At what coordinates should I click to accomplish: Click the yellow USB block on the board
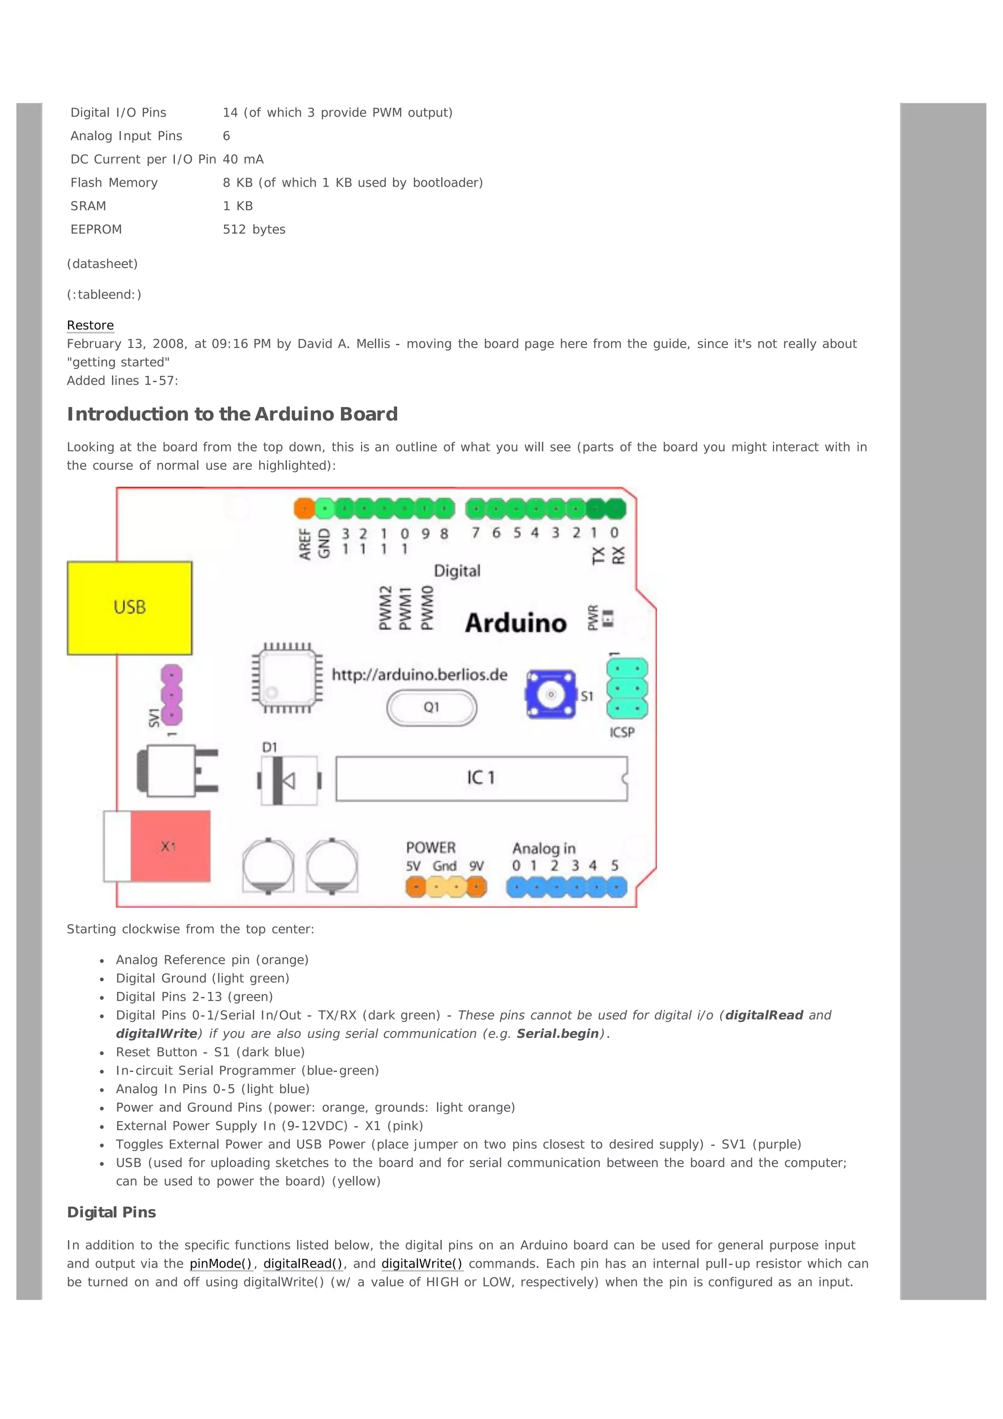coord(130,608)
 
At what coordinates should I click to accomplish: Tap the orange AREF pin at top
coord(304,509)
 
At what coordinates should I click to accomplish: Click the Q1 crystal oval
coord(431,707)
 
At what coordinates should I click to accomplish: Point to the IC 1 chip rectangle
coord(481,778)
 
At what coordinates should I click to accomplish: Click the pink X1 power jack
coord(169,846)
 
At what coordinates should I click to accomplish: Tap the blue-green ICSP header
coord(627,688)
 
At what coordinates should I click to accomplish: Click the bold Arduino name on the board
coord(516,622)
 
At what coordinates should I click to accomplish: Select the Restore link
coord(90,325)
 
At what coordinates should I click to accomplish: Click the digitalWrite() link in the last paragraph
coord(422,1264)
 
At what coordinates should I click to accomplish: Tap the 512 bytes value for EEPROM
coord(254,229)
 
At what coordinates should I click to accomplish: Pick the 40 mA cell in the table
coord(243,159)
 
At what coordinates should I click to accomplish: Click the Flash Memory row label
coord(114,183)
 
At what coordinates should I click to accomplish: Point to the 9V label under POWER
coord(476,866)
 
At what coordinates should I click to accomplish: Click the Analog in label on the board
coord(544,848)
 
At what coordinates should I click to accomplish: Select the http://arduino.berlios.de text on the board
coord(419,674)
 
